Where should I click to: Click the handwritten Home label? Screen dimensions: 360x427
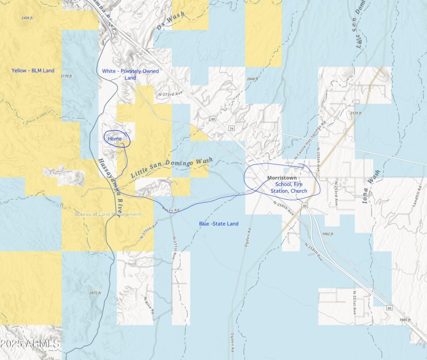(x=115, y=139)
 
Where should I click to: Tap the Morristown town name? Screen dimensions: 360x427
(x=282, y=177)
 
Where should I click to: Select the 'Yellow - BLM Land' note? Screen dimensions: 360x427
(x=33, y=71)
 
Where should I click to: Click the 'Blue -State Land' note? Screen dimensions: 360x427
(x=219, y=223)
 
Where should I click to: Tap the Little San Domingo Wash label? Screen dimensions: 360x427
(x=171, y=167)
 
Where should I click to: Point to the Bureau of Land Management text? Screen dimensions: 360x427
(x=108, y=214)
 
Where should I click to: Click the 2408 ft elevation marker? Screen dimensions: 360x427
(x=27, y=18)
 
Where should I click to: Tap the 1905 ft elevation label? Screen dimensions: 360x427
(x=406, y=320)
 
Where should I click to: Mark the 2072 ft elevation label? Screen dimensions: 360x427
(x=95, y=293)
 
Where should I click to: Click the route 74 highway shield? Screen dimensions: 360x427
(x=231, y=129)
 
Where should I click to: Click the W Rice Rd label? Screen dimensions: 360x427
(x=149, y=304)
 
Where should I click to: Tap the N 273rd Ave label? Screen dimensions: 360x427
(x=171, y=94)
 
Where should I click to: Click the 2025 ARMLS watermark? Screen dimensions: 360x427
(x=30, y=344)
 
